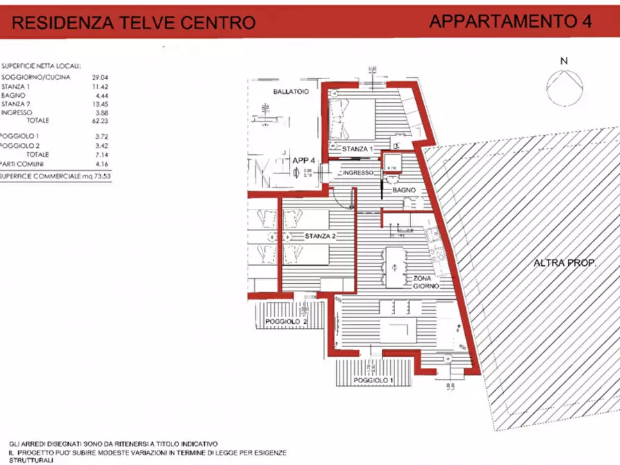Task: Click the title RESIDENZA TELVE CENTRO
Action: click(x=135, y=23)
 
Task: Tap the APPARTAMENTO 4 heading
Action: click(x=510, y=21)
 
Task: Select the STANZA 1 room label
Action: click(x=358, y=149)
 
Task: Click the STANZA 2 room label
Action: click(x=320, y=237)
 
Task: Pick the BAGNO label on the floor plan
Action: click(x=403, y=189)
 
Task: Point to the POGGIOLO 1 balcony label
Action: click(x=374, y=381)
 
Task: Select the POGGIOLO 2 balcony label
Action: click(x=287, y=322)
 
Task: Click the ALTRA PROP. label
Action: click(x=565, y=263)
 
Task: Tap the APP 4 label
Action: click(x=304, y=160)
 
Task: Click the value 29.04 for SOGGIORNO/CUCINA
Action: click(x=101, y=77)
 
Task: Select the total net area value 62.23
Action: click(x=101, y=120)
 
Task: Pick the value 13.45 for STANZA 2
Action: click(x=101, y=103)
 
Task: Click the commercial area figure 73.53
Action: click(x=101, y=177)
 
